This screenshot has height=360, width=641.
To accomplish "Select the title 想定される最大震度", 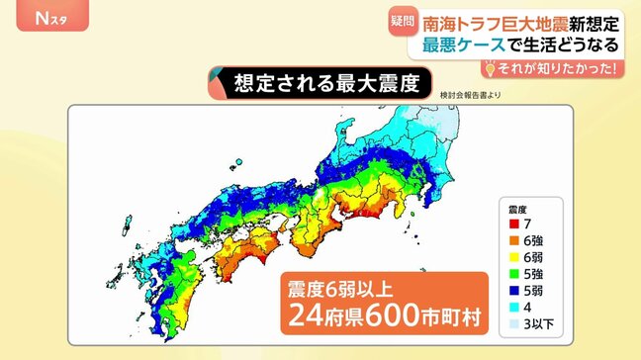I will tap(315, 83).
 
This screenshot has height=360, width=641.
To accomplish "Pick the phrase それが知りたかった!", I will tap(558, 68).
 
